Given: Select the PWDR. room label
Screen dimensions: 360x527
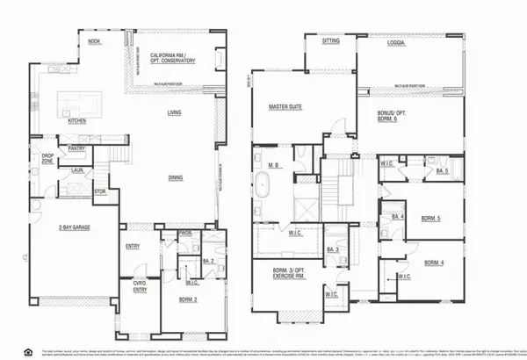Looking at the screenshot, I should point(184,234).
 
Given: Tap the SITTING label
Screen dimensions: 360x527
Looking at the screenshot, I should point(331,40).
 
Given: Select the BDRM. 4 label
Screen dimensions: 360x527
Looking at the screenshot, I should point(435,263).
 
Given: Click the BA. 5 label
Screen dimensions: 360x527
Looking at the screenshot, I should point(442,171).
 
